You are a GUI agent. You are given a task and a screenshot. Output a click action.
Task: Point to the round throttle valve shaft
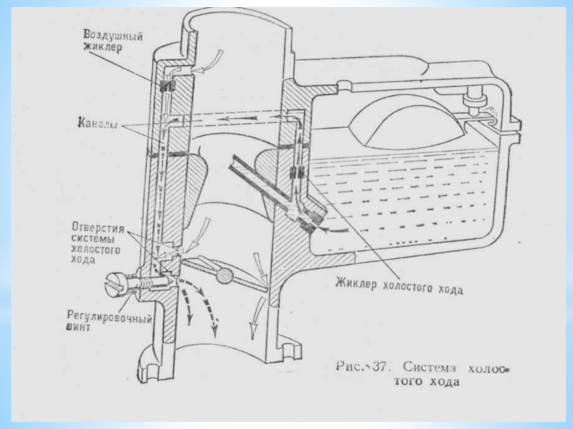(223, 275)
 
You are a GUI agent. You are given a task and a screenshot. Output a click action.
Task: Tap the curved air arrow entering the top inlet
(208, 64)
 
